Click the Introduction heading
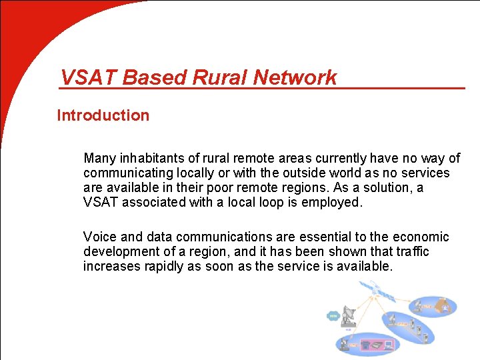[x=103, y=115]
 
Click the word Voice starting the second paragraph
[x=99, y=237]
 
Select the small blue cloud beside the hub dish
[x=333, y=317]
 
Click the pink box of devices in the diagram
[x=377, y=345]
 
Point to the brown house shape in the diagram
[x=446, y=307]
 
